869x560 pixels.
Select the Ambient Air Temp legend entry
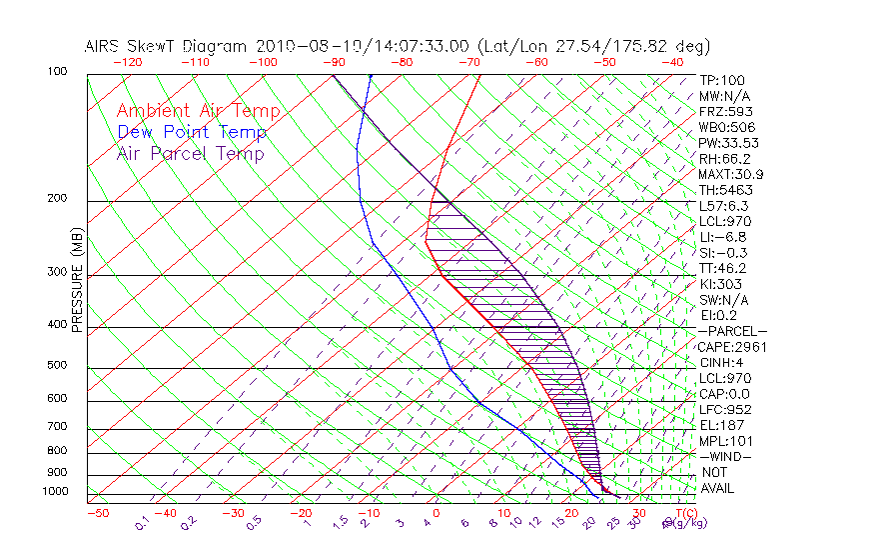pyautogui.click(x=198, y=111)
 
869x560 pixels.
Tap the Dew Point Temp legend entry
pyautogui.click(x=192, y=132)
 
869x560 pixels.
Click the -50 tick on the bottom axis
pyautogui.click(x=97, y=513)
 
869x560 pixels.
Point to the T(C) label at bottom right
pyautogui.click(x=683, y=513)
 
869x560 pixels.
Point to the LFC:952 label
pyautogui.click(x=723, y=410)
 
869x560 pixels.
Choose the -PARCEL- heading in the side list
pyautogui.click(x=732, y=331)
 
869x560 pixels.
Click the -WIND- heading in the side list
pyautogui.click(x=726, y=457)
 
